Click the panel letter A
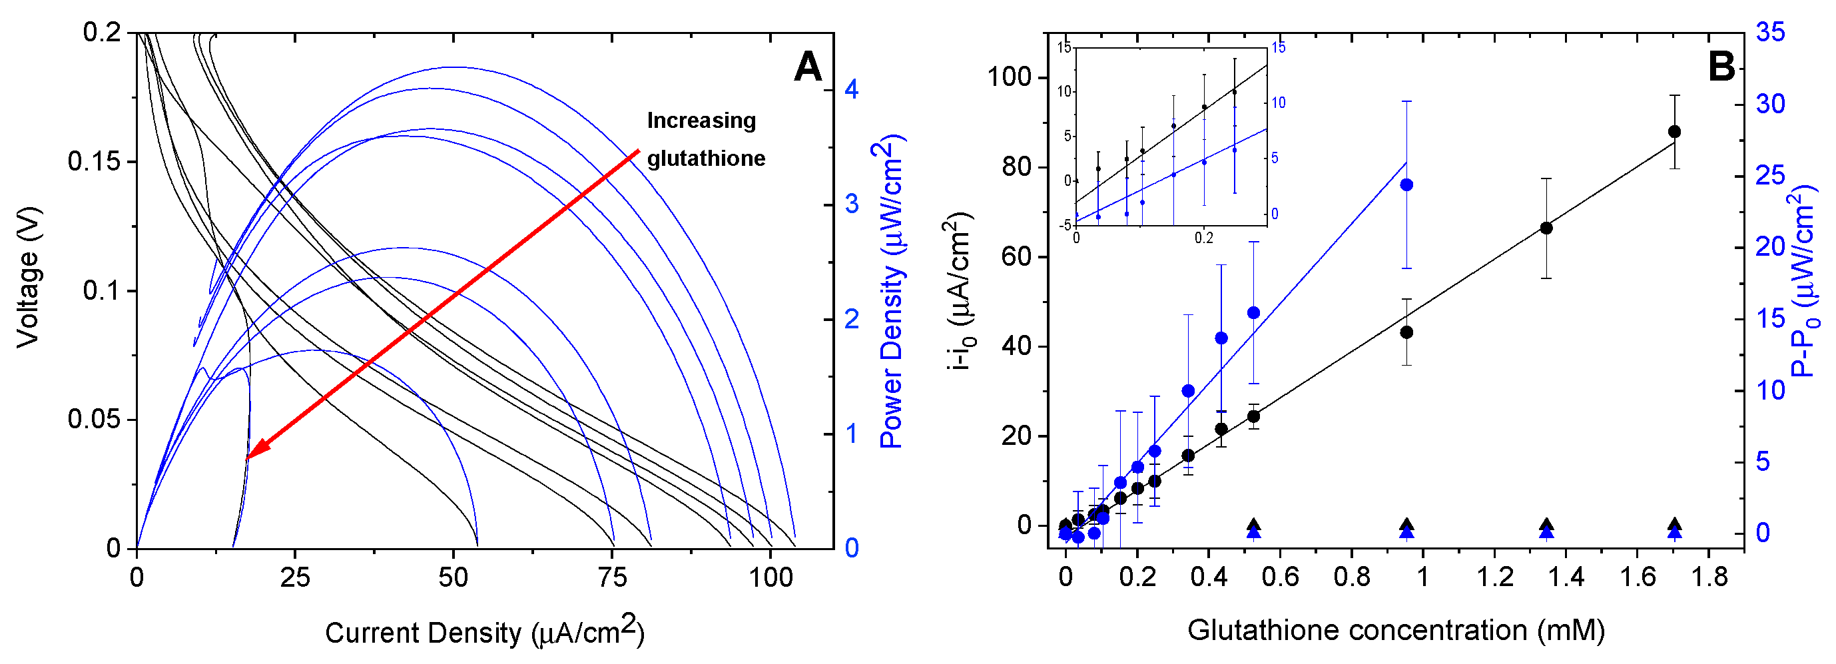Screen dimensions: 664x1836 click(808, 67)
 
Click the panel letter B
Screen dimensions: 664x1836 click(1721, 67)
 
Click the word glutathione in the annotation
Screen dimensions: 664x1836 click(706, 158)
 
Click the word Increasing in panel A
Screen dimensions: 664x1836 click(701, 121)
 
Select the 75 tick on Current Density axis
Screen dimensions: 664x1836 click(612, 577)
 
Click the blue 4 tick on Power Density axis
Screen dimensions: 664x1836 click(852, 89)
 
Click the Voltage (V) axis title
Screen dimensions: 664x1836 click(29, 278)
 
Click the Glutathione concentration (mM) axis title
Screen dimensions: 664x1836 click(1396, 631)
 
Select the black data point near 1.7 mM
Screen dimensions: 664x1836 click(1674, 132)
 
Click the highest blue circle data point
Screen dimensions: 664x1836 click(1406, 185)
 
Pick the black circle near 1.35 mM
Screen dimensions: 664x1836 click(1546, 228)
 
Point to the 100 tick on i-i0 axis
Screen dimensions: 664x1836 click(1010, 77)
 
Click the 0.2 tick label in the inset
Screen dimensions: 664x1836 click(1203, 238)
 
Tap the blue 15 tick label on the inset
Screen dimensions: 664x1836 click(1279, 48)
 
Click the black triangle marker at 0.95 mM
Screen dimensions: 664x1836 click(1406, 525)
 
